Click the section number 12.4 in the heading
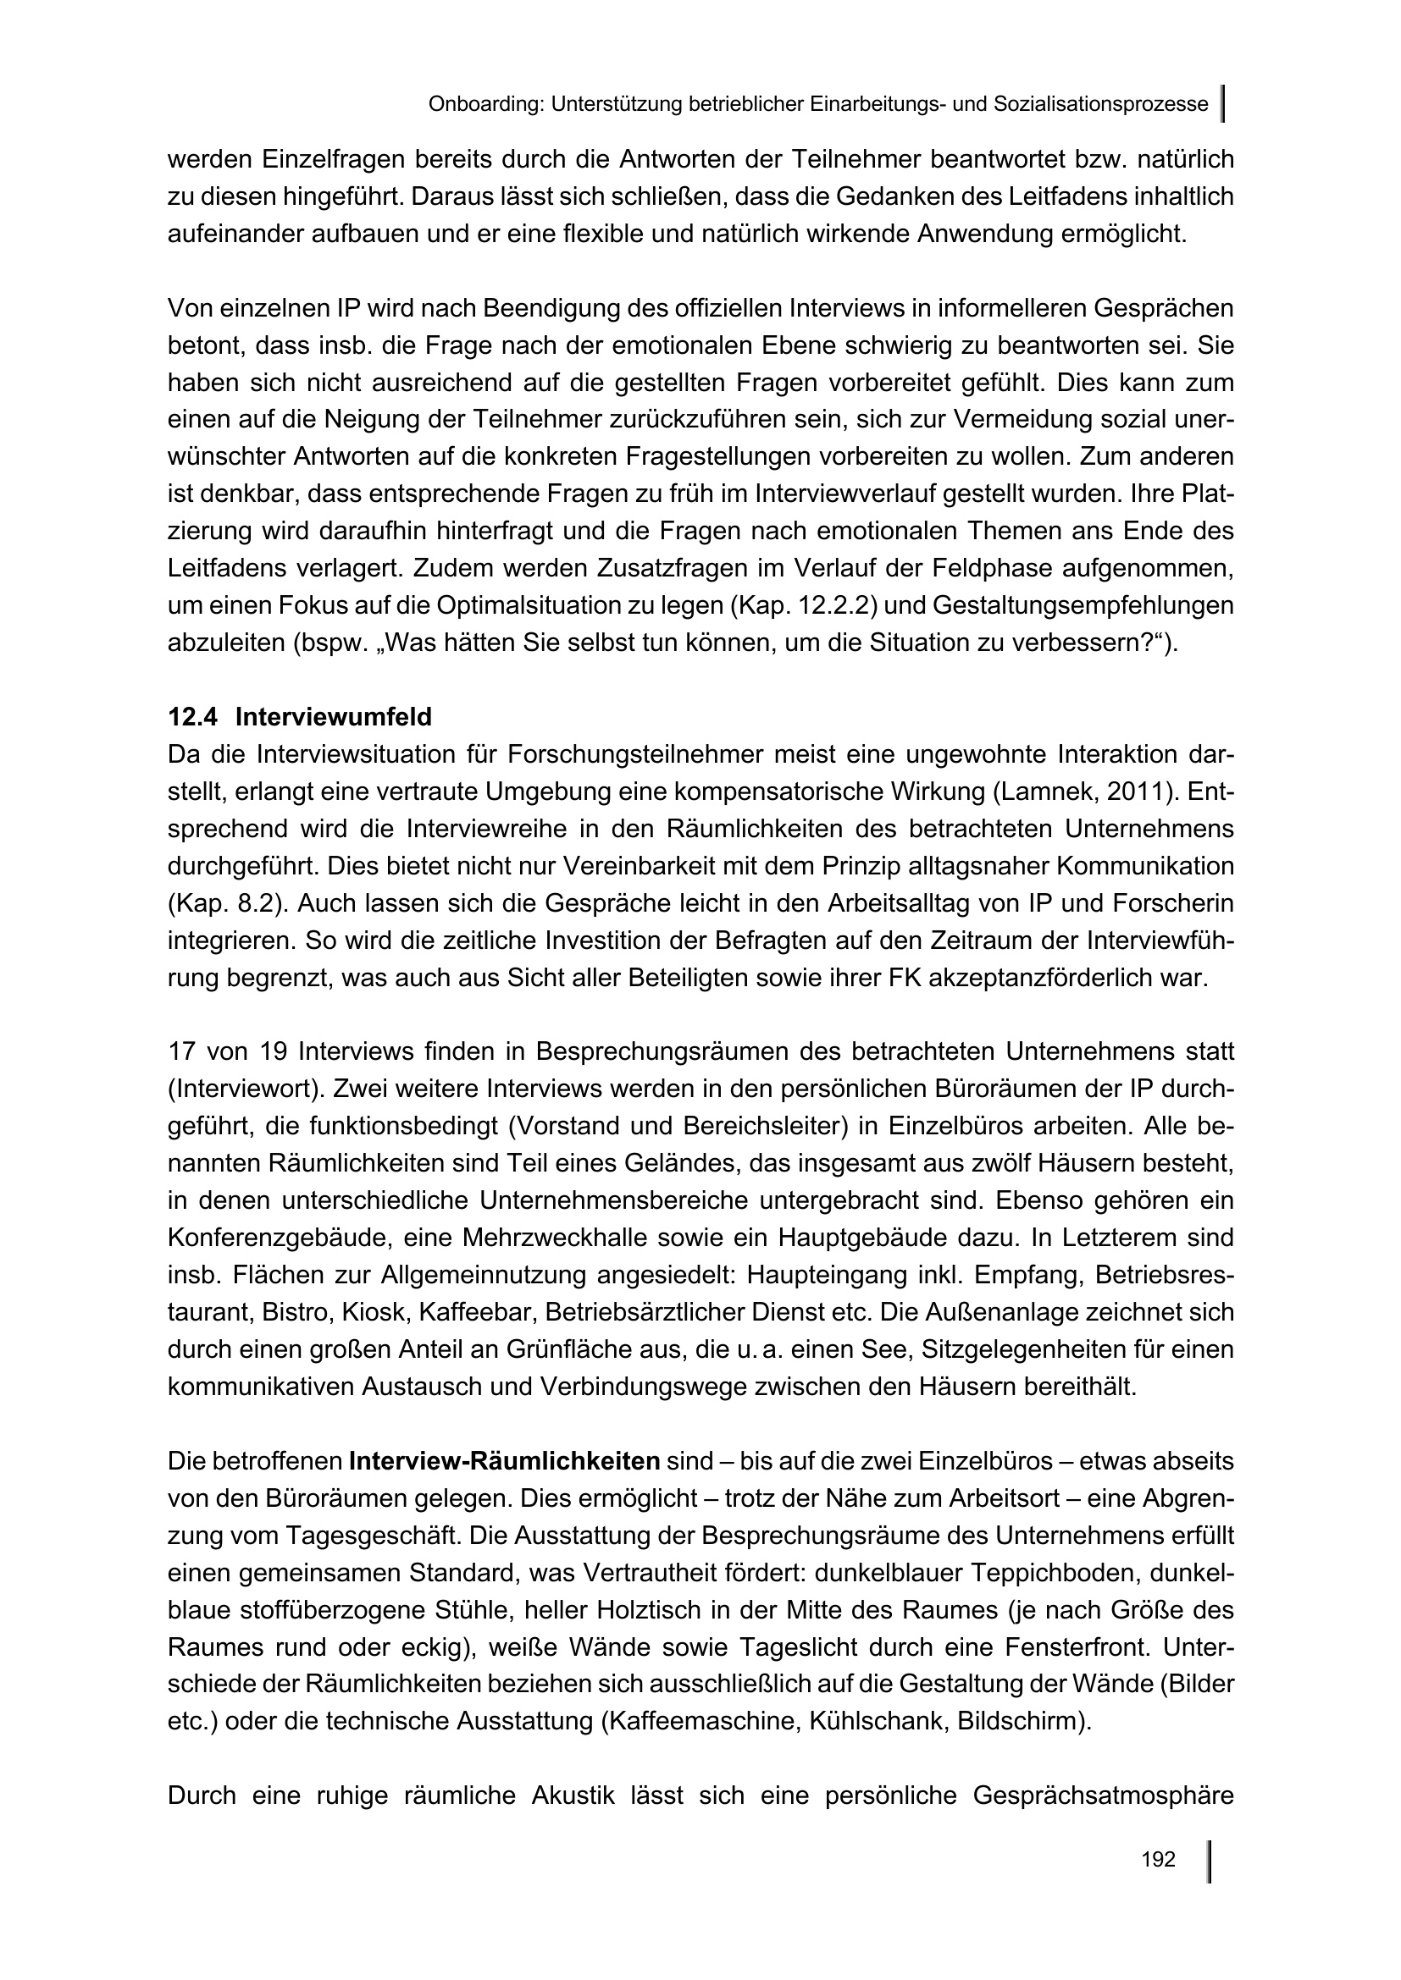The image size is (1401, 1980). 193,717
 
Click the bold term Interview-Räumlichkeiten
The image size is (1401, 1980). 505,1462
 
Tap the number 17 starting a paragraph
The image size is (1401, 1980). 182,1052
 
